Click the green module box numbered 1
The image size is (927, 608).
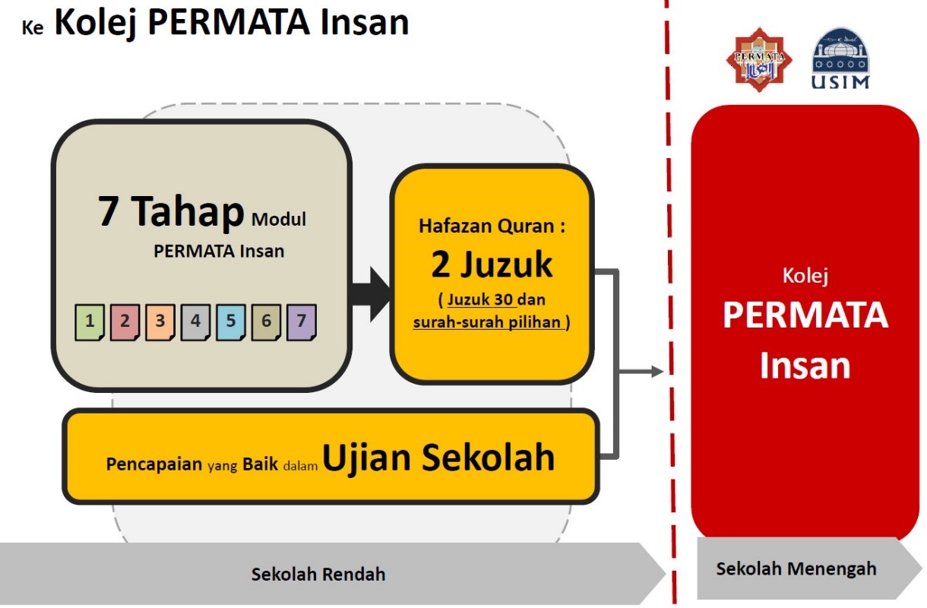pos(90,322)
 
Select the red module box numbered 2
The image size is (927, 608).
pos(125,322)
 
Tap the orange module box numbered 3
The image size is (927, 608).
pos(160,322)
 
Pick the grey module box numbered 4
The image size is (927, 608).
pos(195,322)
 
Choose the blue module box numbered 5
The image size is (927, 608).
pos(231,322)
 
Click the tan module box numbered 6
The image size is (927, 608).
pos(266,322)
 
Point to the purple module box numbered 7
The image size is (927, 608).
pos(302,322)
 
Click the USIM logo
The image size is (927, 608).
pos(840,59)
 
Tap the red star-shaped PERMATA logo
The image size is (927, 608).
pos(759,59)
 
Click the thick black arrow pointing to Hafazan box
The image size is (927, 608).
pos(370,294)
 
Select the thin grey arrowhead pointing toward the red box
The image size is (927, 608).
pos(657,371)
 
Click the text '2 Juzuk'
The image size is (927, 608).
pos(492,264)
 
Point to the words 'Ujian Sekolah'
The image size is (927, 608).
pos(438,458)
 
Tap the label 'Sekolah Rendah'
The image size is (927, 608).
pos(318,574)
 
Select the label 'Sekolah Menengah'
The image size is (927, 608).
pos(796,568)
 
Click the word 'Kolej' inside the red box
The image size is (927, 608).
pos(805,276)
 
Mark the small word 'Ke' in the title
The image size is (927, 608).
pos(32,27)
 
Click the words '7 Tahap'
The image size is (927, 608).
pos(171,211)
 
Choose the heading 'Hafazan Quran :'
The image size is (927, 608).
pos(492,226)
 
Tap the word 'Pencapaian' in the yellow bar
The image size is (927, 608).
pos(154,464)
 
